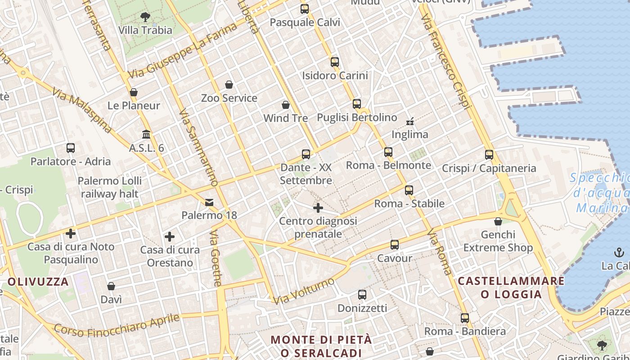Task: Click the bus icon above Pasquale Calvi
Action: [x=305, y=9]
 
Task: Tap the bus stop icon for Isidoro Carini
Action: [x=334, y=62]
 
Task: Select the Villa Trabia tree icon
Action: [x=145, y=17]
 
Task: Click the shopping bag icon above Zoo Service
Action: [x=229, y=85]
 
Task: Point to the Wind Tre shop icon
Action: [x=285, y=105]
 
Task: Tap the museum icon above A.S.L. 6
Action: [x=146, y=134]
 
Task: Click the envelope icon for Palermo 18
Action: [x=209, y=202]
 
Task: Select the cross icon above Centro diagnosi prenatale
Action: [x=318, y=208]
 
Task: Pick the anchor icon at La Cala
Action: [x=619, y=252]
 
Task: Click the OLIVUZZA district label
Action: [x=38, y=282]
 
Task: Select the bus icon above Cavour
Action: [x=395, y=245]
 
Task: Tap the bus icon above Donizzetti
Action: [x=362, y=295]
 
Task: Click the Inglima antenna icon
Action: [x=409, y=121]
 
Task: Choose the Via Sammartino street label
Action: [x=198, y=148]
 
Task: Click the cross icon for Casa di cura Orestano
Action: [x=170, y=237]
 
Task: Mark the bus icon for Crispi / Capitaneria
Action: [x=489, y=155]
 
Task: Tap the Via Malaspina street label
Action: [x=82, y=111]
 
